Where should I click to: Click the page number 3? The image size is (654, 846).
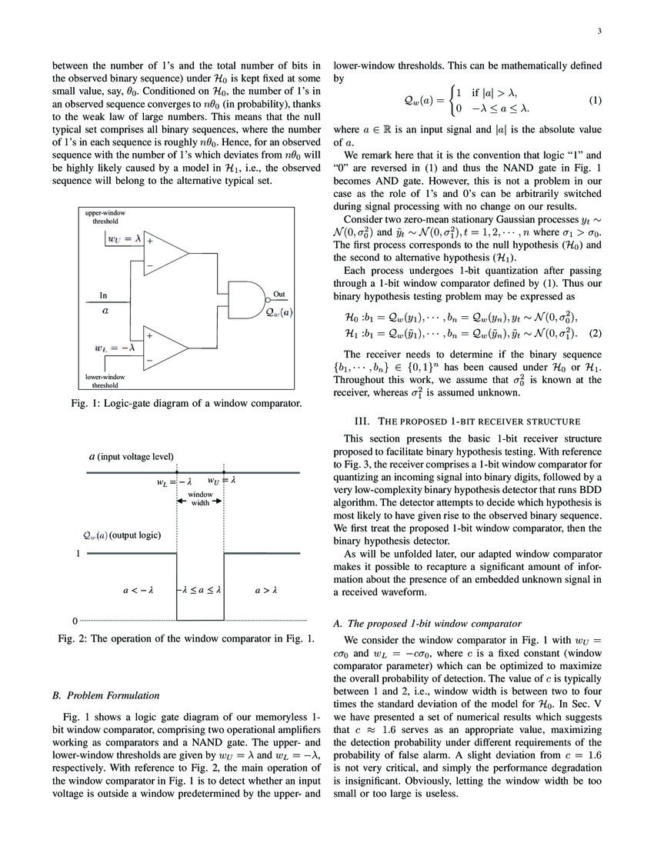598,32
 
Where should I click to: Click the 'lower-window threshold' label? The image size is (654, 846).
105,381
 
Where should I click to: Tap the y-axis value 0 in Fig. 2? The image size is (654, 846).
75,620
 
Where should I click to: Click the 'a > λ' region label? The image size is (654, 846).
265,591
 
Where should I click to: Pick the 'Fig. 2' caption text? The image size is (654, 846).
187,639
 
